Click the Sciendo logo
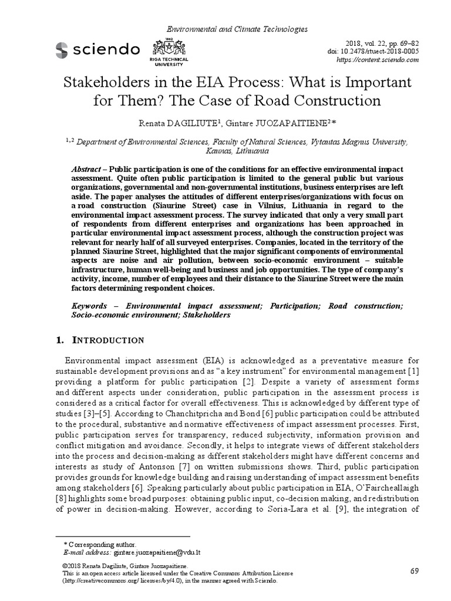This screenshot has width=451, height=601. tap(97, 49)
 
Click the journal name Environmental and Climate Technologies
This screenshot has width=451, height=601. tap(238, 29)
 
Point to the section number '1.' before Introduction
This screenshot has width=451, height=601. tap(59, 340)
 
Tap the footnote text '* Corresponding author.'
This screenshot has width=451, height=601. tap(100, 545)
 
